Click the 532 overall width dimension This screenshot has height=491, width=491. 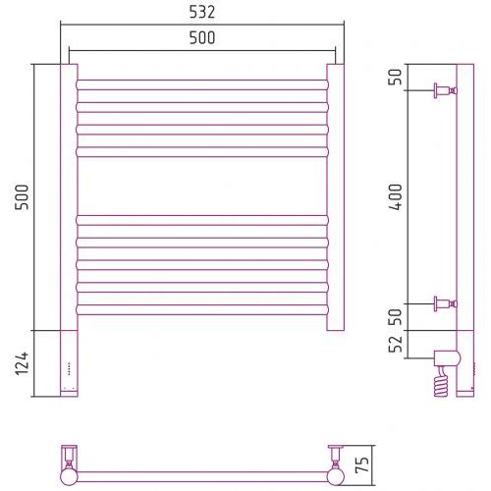point(202,13)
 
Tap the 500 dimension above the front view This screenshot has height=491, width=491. point(202,38)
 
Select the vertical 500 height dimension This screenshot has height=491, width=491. point(22,197)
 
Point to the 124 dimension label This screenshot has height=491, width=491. point(22,363)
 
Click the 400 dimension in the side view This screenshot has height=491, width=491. point(396,196)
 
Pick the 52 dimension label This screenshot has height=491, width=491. point(396,344)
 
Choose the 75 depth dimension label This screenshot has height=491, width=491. point(362,464)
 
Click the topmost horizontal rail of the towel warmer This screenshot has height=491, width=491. point(202,84)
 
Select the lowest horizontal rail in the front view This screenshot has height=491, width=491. point(202,309)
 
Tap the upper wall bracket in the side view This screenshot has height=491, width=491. point(445,90)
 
